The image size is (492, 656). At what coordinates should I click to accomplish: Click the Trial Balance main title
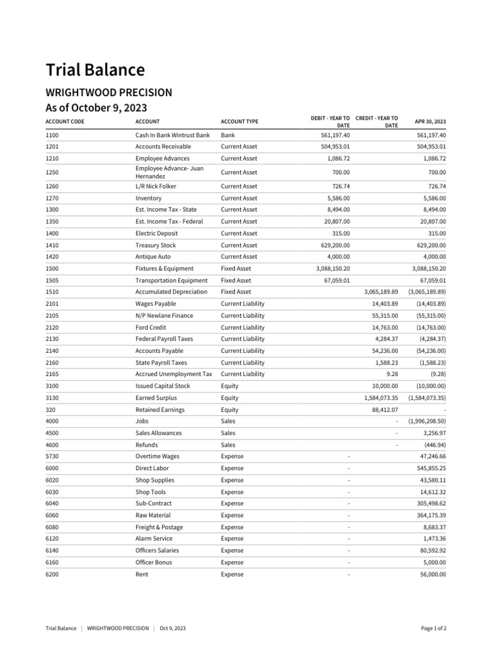(95, 70)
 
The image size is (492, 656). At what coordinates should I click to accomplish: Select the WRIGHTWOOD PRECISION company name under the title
(108, 93)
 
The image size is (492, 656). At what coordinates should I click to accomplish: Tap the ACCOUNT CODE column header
(65, 121)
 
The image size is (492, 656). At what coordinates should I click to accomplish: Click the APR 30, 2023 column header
(430, 121)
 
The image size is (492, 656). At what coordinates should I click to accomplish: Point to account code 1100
(53, 135)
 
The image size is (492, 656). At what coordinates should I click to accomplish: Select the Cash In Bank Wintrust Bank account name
(172, 135)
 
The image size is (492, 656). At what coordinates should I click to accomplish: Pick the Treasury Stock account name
(155, 245)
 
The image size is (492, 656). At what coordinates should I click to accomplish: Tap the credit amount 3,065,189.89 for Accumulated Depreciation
(377, 291)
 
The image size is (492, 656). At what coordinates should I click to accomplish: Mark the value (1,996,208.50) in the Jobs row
(427, 422)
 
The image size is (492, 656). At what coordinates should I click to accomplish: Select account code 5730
(53, 456)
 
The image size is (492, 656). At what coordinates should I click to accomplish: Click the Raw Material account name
(152, 515)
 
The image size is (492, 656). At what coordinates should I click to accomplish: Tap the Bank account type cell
(227, 135)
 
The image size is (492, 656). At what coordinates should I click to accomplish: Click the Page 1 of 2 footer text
(433, 628)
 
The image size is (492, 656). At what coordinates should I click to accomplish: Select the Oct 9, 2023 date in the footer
(173, 628)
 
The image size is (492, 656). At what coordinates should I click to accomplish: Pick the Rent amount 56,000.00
(430, 575)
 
